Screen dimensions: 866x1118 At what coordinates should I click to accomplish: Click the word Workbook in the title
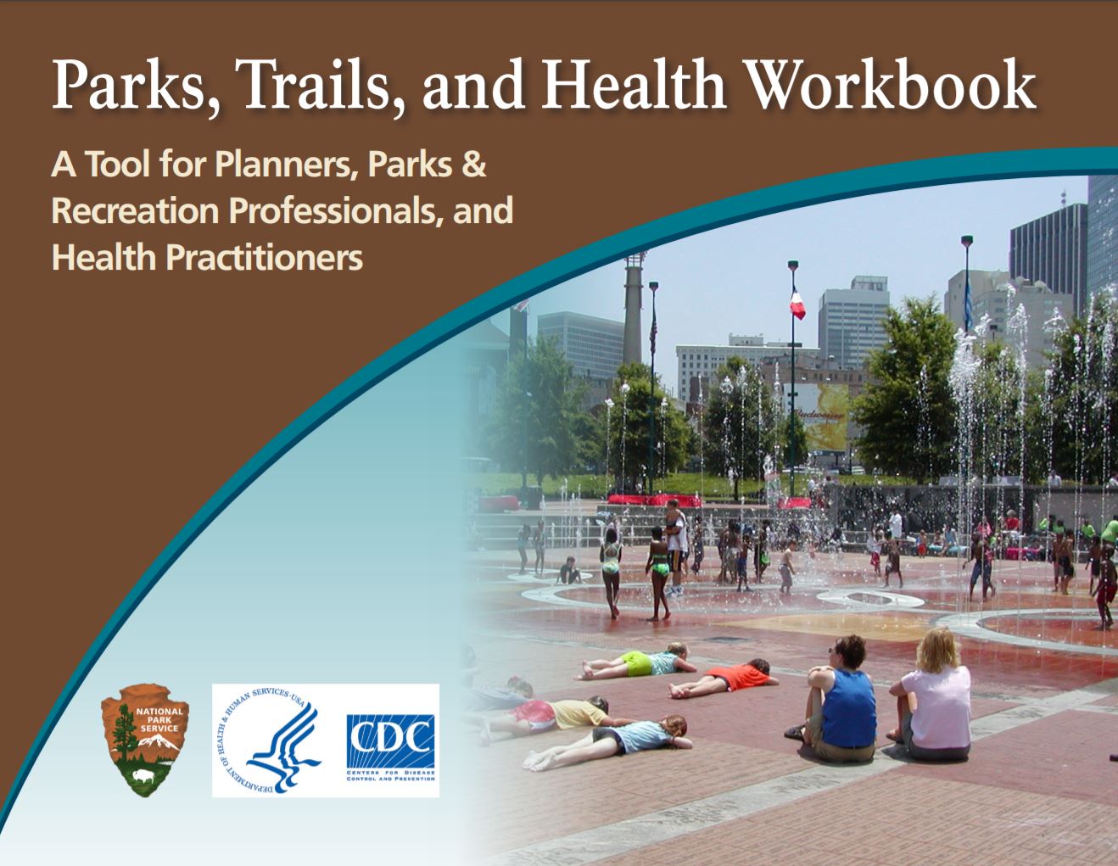pyautogui.click(x=891, y=85)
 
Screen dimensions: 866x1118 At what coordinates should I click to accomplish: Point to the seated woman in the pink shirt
pyautogui.click(x=936, y=696)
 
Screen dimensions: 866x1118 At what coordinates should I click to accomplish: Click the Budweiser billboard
pyautogui.click(x=820, y=416)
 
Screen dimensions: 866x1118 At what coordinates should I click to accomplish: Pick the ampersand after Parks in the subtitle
pyautogui.click(x=472, y=165)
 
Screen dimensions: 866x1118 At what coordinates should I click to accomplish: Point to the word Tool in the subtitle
pyautogui.click(x=118, y=165)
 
